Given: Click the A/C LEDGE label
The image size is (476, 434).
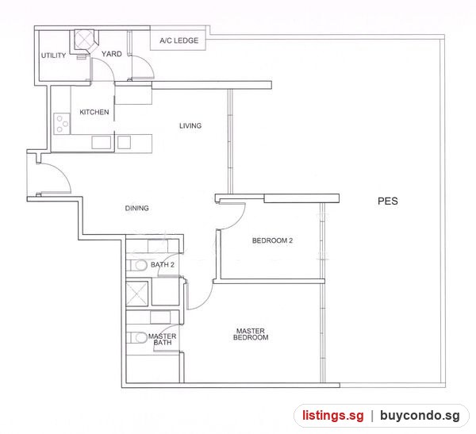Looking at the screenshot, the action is pyautogui.click(x=179, y=40).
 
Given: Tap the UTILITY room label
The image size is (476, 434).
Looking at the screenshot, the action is pyautogui.click(x=53, y=56).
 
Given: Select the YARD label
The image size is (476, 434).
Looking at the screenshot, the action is pyautogui.click(x=111, y=54).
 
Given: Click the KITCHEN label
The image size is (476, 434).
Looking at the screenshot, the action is pyautogui.click(x=94, y=112).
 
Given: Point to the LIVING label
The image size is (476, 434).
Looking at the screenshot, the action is pyautogui.click(x=190, y=125).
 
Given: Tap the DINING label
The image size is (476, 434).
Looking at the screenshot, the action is pyautogui.click(x=137, y=208).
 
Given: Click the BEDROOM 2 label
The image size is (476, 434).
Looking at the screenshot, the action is pyautogui.click(x=272, y=240).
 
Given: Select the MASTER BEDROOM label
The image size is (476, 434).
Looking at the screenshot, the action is pyautogui.click(x=251, y=334).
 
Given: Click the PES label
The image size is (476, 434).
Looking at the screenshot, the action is pyautogui.click(x=388, y=201).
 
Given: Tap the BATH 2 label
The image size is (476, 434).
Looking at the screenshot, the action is pyautogui.click(x=163, y=264).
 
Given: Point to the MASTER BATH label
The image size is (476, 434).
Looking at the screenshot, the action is pyautogui.click(x=162, y=340).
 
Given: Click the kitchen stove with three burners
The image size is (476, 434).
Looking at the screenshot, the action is pyautogui.click(x=62, y=124).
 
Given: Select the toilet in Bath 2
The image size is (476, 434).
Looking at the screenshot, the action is pyautogui.click(x=136, y=266).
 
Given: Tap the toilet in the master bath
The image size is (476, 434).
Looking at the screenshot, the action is pyautogui.click(x=136, y=338).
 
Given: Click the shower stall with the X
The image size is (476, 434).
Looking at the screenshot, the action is pyautogui.click(x=137, y=294).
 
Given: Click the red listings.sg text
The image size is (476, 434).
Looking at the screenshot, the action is pyautogui.click(x=332, y=415).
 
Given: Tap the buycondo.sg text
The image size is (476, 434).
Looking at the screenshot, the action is pyautogui.click(x=420, y=416).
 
